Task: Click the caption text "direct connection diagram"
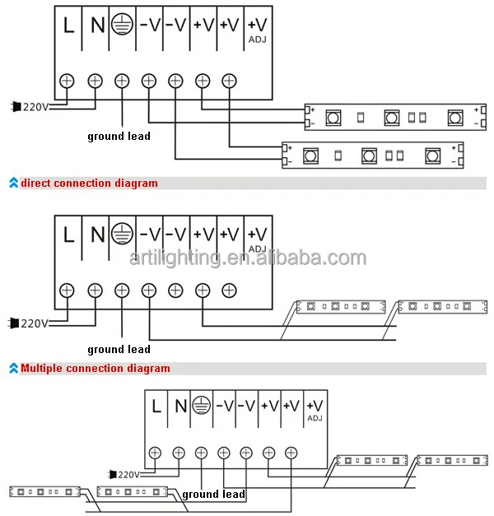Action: (x=89, y=183)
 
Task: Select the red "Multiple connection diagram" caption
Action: (x=96, y=368)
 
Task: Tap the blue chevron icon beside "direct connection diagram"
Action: (x=13, y=183)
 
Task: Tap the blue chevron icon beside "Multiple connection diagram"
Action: (x=13, y=368)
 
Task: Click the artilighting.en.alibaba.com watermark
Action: (x=247, y=258)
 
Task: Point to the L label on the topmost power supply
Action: (x=69, y=26)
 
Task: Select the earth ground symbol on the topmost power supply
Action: (x=123, y=26)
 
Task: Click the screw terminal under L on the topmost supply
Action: (x=68, y=81)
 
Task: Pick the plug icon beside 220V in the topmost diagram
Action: (x=15, y=106)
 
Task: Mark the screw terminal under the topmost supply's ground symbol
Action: (x=122, y=81)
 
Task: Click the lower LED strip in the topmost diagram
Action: (x=371, y=155)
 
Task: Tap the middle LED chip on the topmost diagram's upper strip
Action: (x=391, y=118)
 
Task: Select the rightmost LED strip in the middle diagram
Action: (x=436, y=306)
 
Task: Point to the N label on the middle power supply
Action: (x=96, y=235)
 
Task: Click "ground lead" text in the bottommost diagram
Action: (x=213, y=494)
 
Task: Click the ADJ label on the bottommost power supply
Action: (x=314, y=417)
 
